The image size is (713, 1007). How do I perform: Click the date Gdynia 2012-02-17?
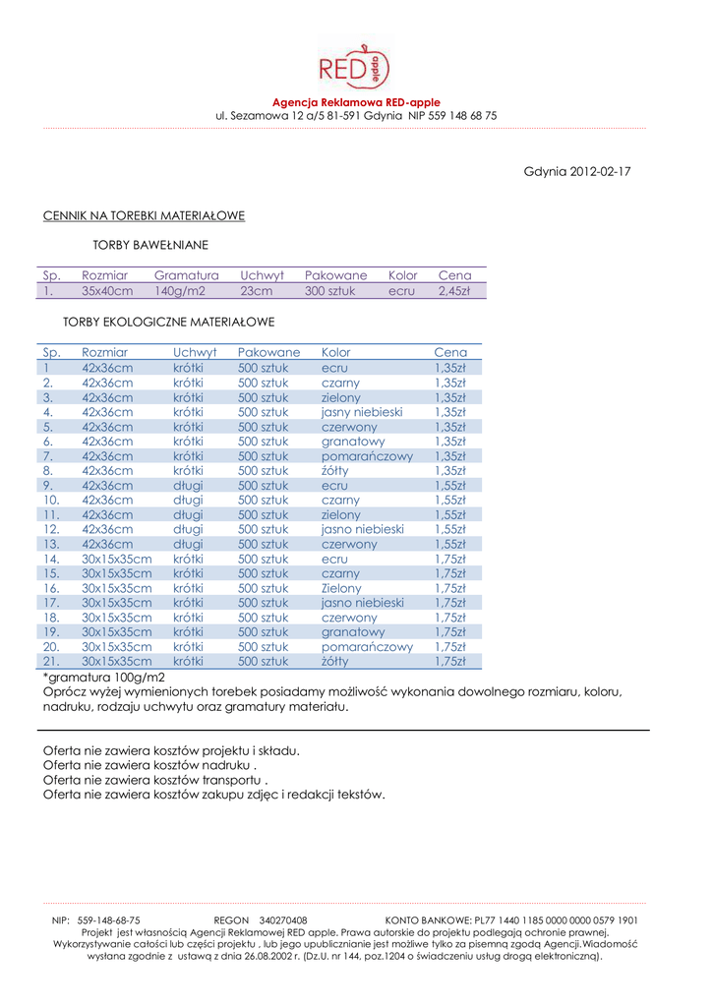(x=577, y=172)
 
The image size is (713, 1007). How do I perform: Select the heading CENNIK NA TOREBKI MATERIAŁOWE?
(x=144, y=215)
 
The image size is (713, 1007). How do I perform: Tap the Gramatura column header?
(x=186, y=275)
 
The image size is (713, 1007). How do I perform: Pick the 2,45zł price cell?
(x=454, y=291)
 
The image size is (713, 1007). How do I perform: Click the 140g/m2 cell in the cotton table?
(x=180, y=291)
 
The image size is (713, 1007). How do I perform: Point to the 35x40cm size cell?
(x=106, y=291)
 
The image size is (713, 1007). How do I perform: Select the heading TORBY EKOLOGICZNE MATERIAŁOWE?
(x=168, y=322)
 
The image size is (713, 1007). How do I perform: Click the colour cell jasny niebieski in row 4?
(x=362, y=412)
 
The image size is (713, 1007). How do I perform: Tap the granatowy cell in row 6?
(x=352, y=442)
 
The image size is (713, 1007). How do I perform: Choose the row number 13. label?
(x=52, y=544)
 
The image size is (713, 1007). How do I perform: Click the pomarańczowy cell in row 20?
(x=367, y=647)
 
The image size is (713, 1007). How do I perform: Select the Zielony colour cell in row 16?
(x=341, y=588)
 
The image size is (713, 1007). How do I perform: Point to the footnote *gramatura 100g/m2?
(x=104, y=678)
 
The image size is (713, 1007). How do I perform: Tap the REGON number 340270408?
(x=282, y=920)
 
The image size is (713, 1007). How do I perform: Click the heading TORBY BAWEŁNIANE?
(x=149, y=244)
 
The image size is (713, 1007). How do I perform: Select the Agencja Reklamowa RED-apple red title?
(x=356, y=102)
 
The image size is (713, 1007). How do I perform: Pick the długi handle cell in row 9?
(x=188, y=485)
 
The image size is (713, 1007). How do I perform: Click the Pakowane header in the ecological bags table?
(x=268, y=352)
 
